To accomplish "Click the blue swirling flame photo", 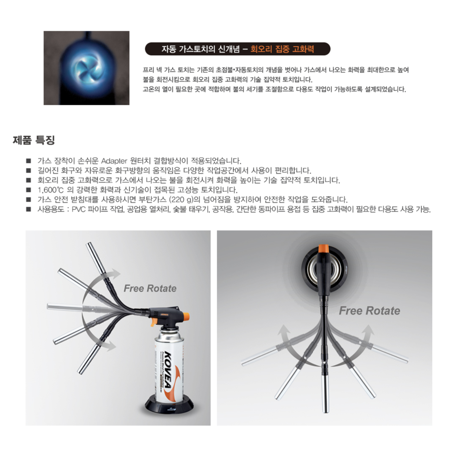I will [x=86, y=68].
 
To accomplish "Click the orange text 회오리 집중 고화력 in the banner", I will [x=282, y=49].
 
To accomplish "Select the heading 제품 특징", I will [x=34, y=140].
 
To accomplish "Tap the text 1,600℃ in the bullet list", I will [x=50, y=190].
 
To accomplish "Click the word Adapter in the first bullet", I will [x=114, y=161].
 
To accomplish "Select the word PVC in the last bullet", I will [x=78, y=209].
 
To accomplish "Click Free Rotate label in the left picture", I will [x=150, y=289].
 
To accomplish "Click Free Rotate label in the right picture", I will [x=369, y=311].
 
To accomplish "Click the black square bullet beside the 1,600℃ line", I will [x=29, y=190].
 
